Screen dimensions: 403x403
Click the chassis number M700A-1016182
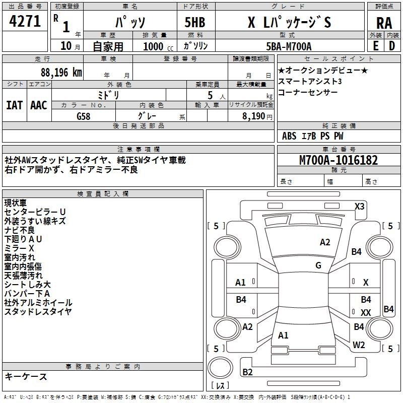coord(339,160)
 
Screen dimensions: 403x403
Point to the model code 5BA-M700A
coord(289,46)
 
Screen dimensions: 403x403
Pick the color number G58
coord(85,116)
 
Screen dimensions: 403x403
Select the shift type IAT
coord(14,105)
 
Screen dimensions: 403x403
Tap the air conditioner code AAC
coord(38,105)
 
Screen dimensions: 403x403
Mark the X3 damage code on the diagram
coord(359,206)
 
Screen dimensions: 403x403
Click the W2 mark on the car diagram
coord(359,345)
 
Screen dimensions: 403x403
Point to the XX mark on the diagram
coord(366,313)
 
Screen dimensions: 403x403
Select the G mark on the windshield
coord(318,265)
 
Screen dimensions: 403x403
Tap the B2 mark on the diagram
coord(247,372)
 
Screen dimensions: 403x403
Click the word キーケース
coord(26,376)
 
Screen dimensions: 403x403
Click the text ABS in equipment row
coord(289,136)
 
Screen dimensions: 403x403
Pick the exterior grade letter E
coord(375,46)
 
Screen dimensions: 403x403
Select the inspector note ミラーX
coord(19,248)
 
